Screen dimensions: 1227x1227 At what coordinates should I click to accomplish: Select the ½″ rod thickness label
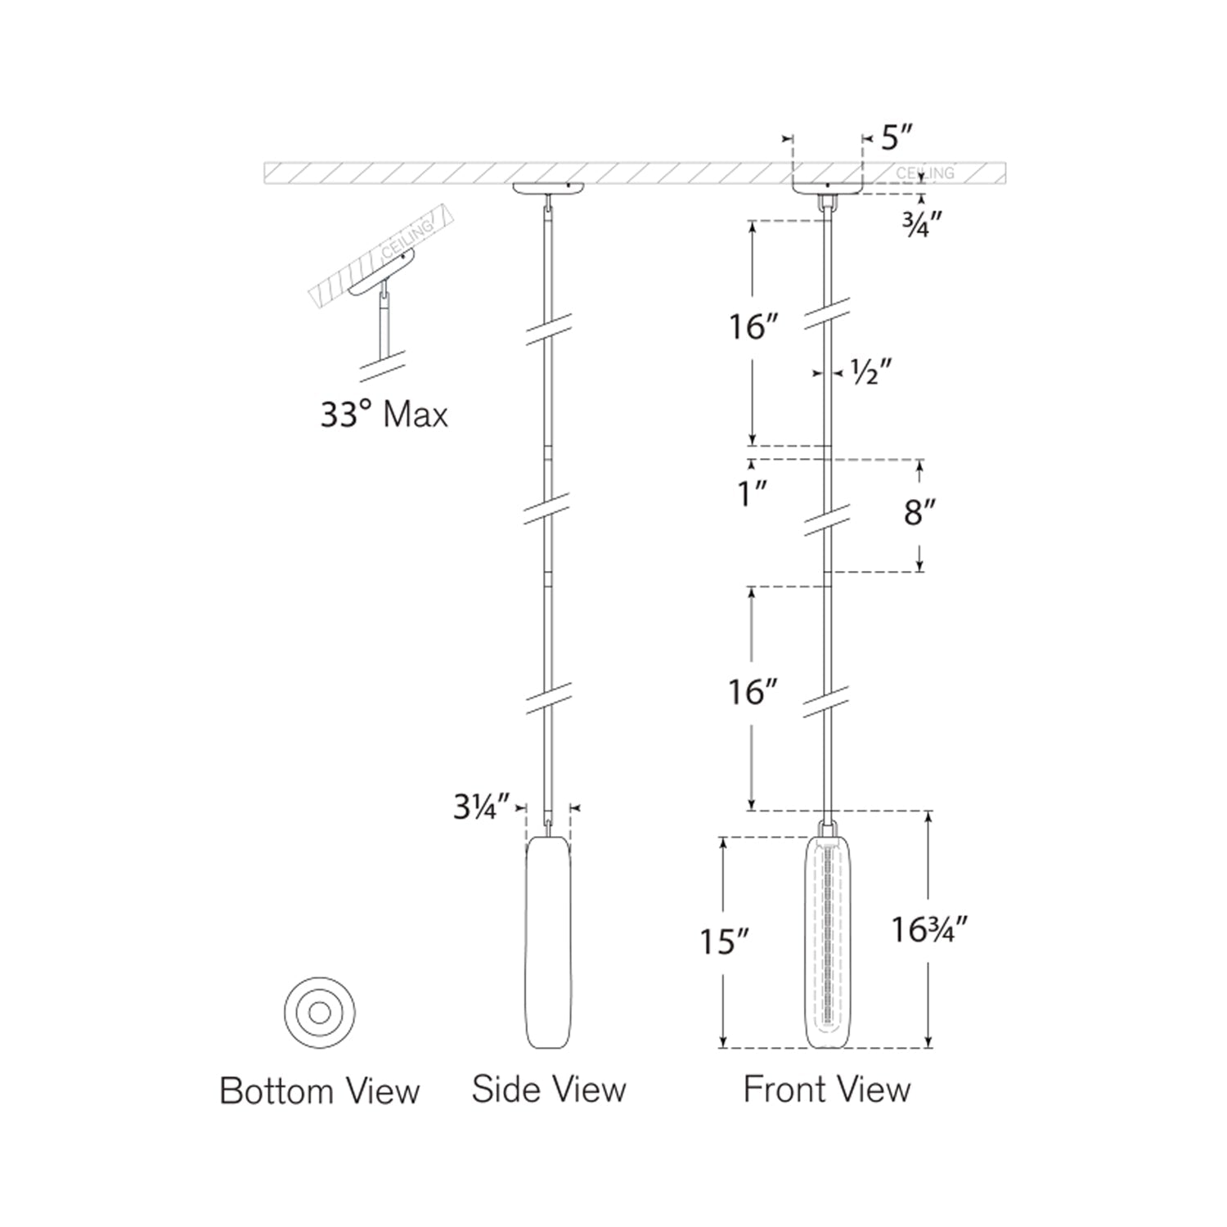pos(870,373)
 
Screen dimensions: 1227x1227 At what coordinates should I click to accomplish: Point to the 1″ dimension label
pos(751,493)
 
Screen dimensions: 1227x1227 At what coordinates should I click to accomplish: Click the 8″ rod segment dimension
pos(919,514)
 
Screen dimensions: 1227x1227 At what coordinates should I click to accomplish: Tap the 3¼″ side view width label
pos(482,808)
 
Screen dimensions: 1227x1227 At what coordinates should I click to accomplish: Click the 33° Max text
pos(384,415)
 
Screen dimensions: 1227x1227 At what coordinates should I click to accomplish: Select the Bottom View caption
pos(319,1091)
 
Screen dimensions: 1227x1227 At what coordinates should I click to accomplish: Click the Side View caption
pos(548,1090)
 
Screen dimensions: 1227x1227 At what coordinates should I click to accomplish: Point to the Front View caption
pos(826,1090)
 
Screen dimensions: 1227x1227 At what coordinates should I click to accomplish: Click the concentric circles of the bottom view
pos(320,1013)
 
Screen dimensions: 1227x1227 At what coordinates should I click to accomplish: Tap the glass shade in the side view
pos(548,941)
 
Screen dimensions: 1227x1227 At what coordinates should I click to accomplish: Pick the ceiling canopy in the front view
pos(827,186)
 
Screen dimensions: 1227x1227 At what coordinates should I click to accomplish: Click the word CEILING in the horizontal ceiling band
pos(924,173)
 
